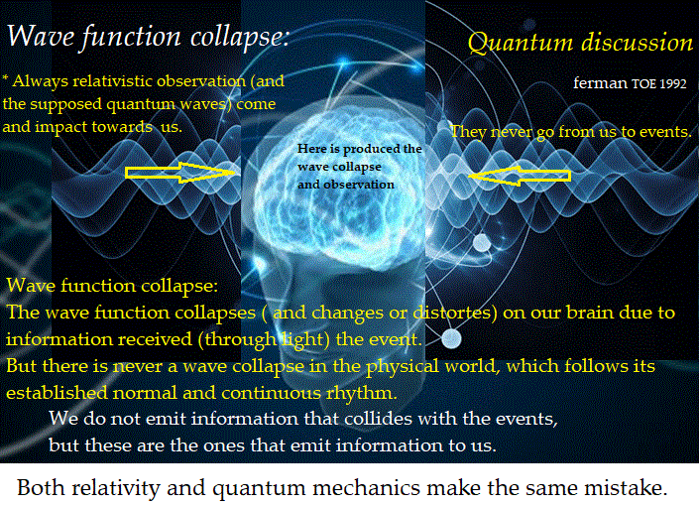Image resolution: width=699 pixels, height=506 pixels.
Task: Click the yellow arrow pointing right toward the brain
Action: (x=178, y=174)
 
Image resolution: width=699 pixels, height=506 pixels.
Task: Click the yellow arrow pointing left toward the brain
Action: (x=521, y=176)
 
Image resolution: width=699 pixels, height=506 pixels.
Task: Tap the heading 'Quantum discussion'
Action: (x=580, y=43)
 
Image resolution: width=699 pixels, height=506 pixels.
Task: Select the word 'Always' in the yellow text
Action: (x=39, y=79)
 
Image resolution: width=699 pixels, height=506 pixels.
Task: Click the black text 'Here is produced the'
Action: (x=359, y=149)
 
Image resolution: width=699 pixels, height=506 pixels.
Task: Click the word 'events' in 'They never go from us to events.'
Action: (x=660, y=131)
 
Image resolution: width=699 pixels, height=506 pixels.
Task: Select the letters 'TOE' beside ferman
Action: (x=642, y=83)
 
